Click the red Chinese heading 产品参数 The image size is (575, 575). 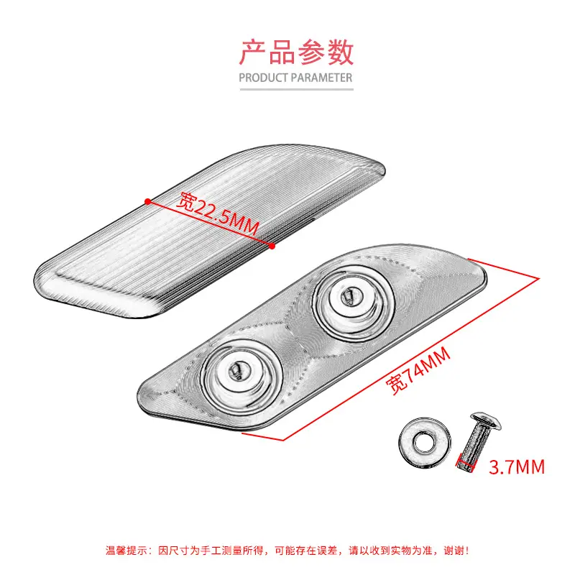296,52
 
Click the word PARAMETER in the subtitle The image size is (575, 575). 322,78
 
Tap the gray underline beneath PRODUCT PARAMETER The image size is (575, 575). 296,89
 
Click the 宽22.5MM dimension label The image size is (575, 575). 218,213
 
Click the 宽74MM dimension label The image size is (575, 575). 418,370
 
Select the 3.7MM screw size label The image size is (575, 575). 517,467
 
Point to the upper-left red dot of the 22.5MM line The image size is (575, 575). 147,201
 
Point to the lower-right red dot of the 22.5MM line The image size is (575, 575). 272,246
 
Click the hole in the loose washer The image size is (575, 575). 424,442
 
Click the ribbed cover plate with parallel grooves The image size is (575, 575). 209,231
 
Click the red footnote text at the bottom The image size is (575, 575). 287,551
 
